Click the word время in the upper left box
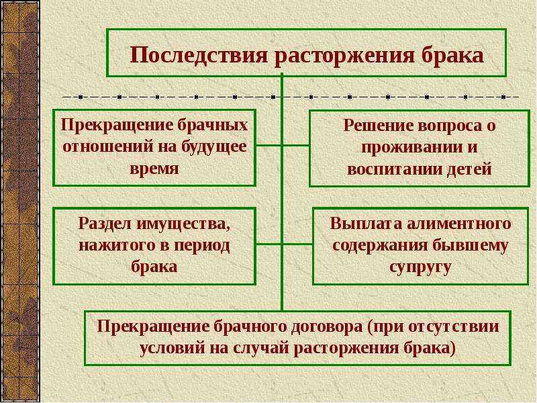154,169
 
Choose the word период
203,247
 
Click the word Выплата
366,224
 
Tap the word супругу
420,267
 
